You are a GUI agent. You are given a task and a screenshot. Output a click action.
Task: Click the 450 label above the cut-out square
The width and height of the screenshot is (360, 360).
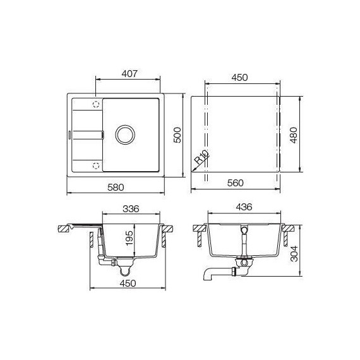(239, 78)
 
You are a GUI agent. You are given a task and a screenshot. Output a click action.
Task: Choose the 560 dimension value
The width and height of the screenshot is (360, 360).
(235, 183)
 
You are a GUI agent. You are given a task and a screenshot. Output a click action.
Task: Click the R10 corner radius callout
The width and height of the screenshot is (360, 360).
(201, 157)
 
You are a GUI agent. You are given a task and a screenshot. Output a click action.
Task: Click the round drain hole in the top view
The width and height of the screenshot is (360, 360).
(124, 134)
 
